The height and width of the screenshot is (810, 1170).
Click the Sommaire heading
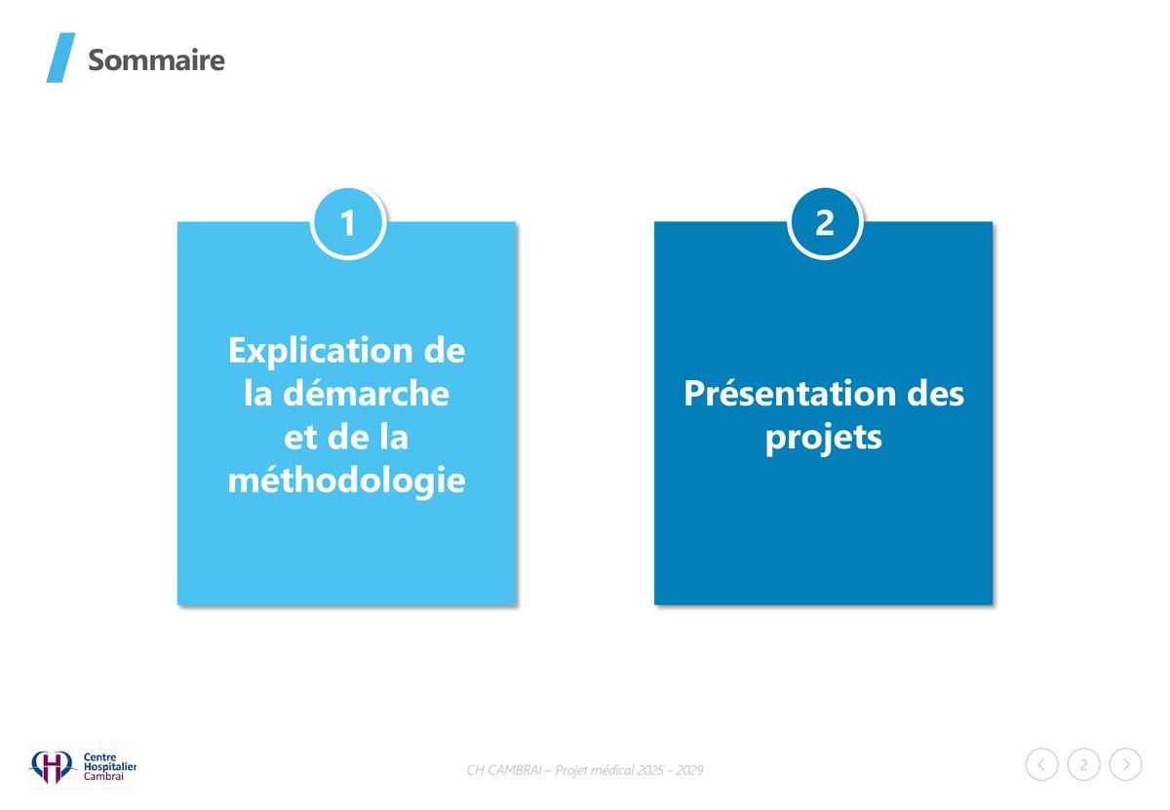(x=156, y=60)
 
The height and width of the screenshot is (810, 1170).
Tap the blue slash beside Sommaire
(x=60, y=58)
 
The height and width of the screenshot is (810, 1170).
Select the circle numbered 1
(x=348, y=223)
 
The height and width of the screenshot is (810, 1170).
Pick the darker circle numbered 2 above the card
(x=825, y=223)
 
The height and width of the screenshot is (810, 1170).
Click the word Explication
(x=321, y=351)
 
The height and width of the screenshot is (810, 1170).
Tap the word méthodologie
(x=346, y=481)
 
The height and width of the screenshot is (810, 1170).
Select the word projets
(x=824, y=438)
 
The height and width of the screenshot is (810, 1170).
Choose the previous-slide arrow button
(x=1041, y=764)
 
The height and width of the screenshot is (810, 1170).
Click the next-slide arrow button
(x=1125, y=764)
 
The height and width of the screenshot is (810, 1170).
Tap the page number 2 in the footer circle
(x=1084, y=764)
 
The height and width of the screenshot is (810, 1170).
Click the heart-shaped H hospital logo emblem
(x=51, y=767)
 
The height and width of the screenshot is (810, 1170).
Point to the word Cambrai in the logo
(x=103, y=777)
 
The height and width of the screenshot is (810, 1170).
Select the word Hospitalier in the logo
(x=109, y=767)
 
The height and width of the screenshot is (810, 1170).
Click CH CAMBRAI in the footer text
(x=504, y=770)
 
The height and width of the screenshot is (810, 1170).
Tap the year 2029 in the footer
(x=689, y=770)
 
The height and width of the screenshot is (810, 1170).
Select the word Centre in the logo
(x=99, y=757)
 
